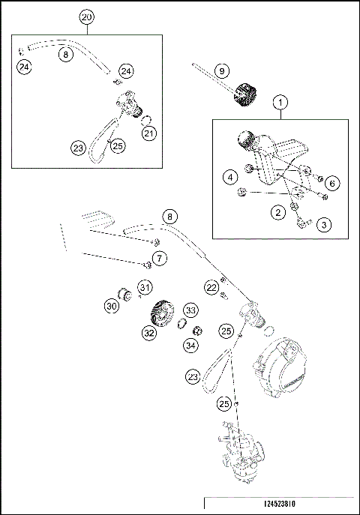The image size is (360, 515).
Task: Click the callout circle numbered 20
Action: coord(87,16)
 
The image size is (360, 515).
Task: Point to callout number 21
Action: coord(149,134)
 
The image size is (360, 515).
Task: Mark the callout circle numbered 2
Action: coord(278,213)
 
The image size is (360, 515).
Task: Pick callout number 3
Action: coord(323,223)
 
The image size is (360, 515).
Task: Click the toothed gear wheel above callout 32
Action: coord(160,310)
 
